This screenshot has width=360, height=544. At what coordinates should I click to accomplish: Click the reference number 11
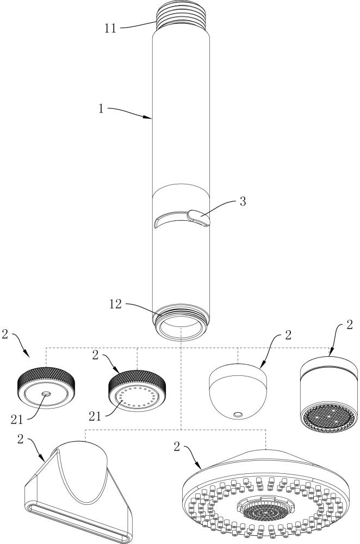coord(110,27)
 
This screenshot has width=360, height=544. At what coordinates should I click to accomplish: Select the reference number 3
coord(243,201)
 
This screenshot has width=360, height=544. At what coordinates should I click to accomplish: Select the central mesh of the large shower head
coord(266,509)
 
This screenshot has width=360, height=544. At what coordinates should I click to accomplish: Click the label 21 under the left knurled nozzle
coord(18,418)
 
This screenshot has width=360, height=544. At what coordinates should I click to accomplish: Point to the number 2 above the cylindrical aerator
coord(349,325)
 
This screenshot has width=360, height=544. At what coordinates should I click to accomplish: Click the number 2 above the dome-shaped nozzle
coord(287,335)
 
